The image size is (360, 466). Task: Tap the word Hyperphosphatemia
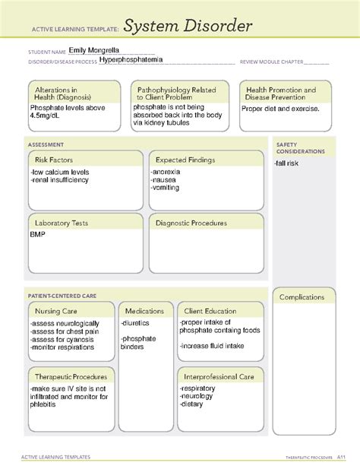coord(131,59)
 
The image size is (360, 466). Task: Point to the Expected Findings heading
coord(185,160)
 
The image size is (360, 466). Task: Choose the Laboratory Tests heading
coord(62,223)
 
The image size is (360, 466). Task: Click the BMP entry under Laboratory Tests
coord(38,236)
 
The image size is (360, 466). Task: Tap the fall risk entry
coord(289,163)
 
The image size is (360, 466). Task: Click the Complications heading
coord(304,297)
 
